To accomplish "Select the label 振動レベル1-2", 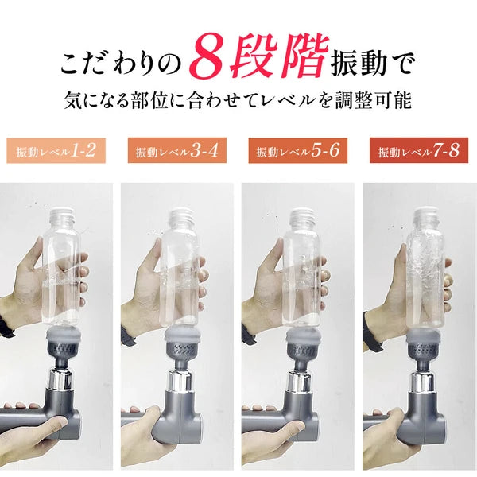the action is point(56,150).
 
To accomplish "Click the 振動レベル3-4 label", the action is point(177,150).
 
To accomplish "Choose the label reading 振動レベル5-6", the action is point(298,150).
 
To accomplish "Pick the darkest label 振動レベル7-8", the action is point(419,150).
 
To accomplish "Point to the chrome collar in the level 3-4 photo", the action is point(180,380).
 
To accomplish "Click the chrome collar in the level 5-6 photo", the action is point(301,380).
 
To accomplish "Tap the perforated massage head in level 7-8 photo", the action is point(425,347).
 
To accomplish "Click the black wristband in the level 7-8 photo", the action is point(372,332).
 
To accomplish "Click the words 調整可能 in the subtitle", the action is point(374,100).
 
